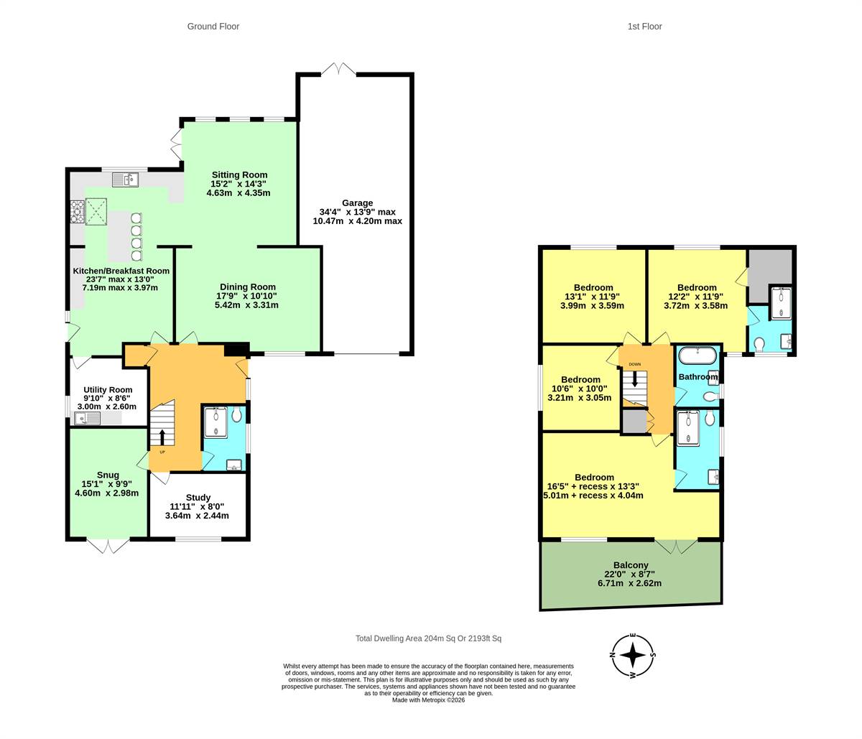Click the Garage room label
(358, 203)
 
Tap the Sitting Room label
(239, 175)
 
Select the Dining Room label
(248, 287)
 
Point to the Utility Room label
(108, 389)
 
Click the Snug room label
(108, 475)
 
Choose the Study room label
(198, 498)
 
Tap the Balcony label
(631, 565)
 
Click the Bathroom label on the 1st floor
(698, 376)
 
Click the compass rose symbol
(633, 655)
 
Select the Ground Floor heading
(213, 27)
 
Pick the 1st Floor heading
(645, 27)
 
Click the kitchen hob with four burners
(77, 211)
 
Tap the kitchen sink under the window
(126, 180)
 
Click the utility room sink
(87, 418)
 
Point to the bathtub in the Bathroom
(698, 355)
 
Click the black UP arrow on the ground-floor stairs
(162, 437)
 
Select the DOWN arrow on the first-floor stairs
(635, 378)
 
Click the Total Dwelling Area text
(428, 638)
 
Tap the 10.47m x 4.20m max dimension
(358, 221)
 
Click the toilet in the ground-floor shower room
(236, 415)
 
